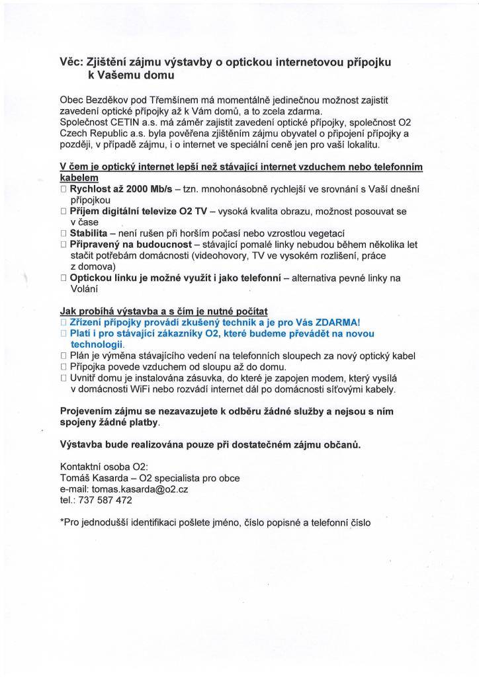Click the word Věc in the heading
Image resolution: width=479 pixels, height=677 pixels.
tap(71, 62)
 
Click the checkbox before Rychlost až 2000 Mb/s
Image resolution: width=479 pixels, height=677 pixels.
tap(64, 189)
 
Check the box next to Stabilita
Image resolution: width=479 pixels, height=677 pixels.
tap(64, 233)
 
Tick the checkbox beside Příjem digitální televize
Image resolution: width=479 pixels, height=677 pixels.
tap(64, 212)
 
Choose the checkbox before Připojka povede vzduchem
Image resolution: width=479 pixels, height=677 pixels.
tap(64, 367)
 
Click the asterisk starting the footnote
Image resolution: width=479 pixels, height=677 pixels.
tap(62, 522)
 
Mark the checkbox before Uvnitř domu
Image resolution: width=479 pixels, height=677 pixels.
tap(64, 378)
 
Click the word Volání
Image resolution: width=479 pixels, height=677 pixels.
tap(83, 289)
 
